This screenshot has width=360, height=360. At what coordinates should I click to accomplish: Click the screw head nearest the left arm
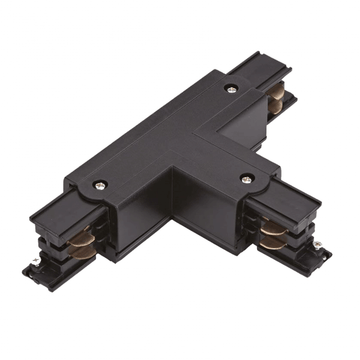(100, 185)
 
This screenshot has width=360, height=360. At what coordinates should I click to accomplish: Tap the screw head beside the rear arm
(232, 90)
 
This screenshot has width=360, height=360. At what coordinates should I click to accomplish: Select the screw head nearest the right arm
(246, 178)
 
